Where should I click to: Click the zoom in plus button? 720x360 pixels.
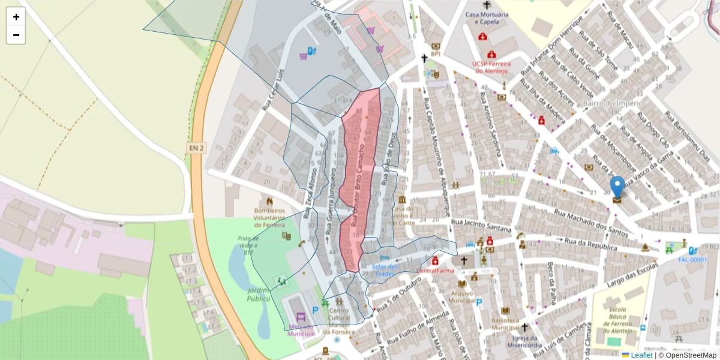click(x=16, y=17)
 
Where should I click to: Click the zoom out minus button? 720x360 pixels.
click(x=16, y=35)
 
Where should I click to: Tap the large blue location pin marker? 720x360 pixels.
click(x=617, y=187)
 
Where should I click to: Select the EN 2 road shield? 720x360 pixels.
click(x=196, y=148)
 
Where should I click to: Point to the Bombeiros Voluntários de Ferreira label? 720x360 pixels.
click(x=269, y=217)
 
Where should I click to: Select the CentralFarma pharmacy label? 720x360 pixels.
click(x=434, y=271)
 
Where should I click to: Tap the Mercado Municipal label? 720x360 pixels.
click(x=301, y=330)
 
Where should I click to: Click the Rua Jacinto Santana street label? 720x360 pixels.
click(x=481, y=226)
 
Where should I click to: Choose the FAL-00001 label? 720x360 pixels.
click(x=692, y=260)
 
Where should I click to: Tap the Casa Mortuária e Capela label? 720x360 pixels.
click(x=487, y=18)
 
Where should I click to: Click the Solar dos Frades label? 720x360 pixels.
click(x=385, y=270)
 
